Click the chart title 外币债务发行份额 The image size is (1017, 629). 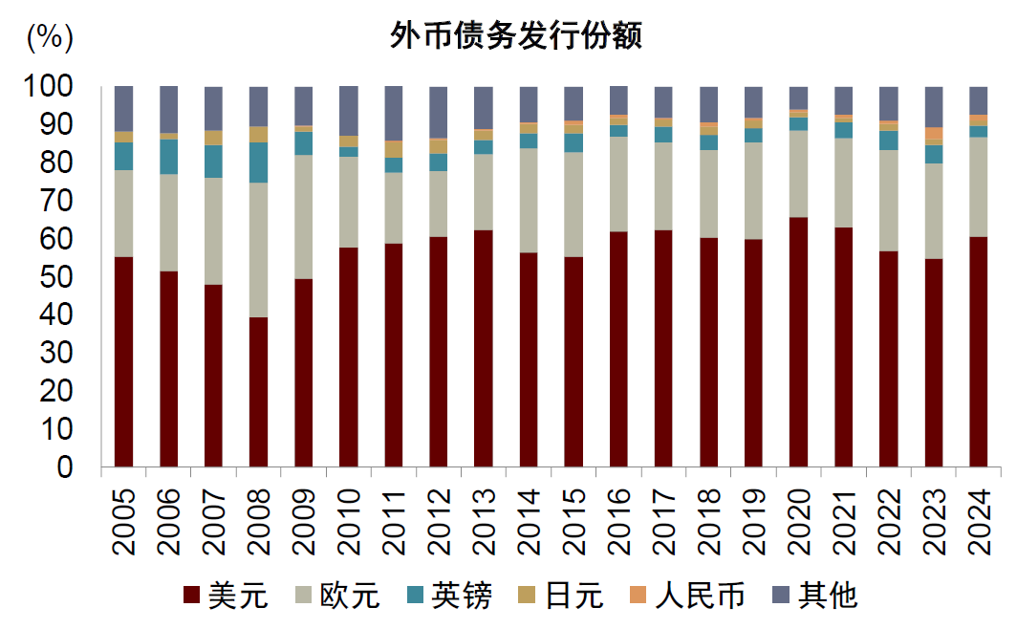tap(515, 36)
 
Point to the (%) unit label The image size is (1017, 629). tap(48, 36)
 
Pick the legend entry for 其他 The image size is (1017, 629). tap(813, 596)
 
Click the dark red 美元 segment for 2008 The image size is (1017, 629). tap(259, 392)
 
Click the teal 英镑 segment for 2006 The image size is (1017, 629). tap(169, 157)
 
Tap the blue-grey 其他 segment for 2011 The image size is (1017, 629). tap(394, 113)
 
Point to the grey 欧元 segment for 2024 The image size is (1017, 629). tap(978, 186)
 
